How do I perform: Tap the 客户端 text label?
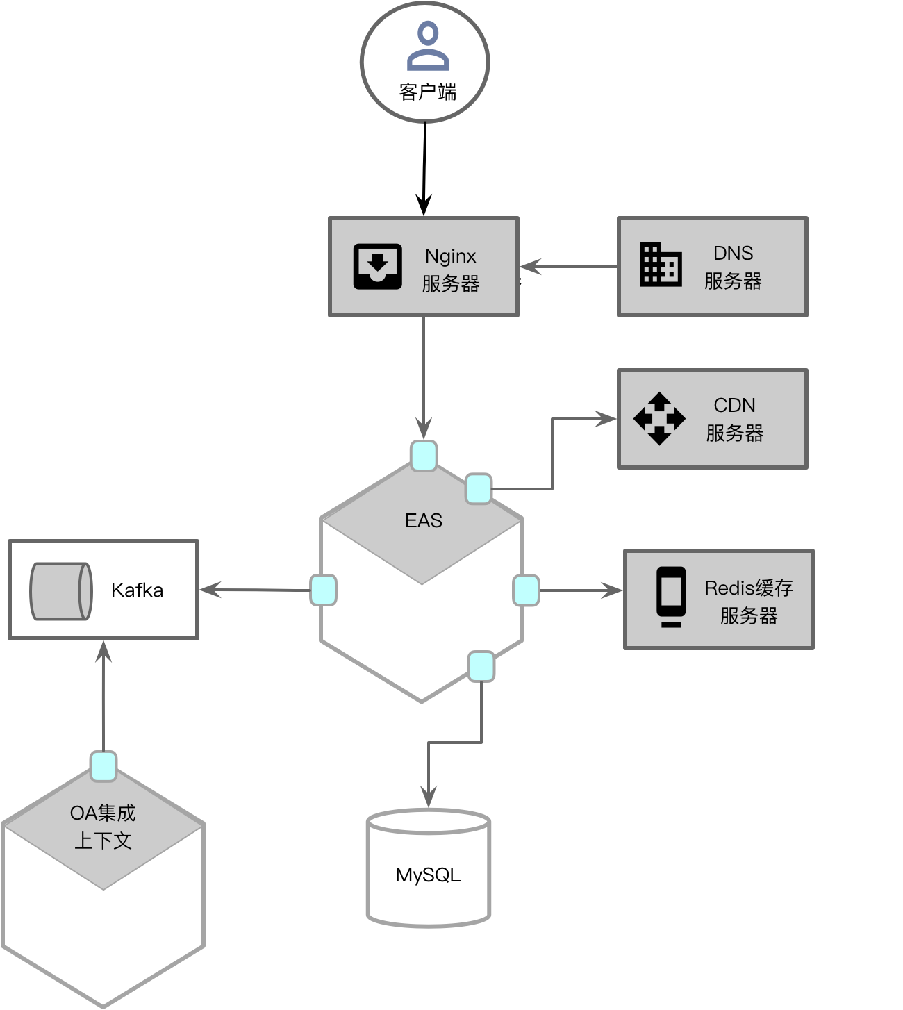point(428,92)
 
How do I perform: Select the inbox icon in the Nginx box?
point(377,266)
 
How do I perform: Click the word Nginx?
point(451,256)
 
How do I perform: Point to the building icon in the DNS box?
point(660,264)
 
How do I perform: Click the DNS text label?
point(733,254)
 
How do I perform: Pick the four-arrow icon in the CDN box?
point(659,419)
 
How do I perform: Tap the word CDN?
point(734,406)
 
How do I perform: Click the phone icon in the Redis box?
point(671,597)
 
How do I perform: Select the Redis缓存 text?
point(748,588)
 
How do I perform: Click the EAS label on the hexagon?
point(424,521)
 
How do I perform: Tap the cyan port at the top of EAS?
point(424,456)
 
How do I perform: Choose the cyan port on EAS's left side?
point(324,590)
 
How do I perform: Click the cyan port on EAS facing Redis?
point(526,590)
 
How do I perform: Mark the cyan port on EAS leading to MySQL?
point(481,666)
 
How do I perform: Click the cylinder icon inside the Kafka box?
point(61,591)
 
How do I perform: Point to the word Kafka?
point(137,590)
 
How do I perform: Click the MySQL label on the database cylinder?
point(428,875)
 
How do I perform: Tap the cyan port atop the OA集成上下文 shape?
point(103,766)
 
